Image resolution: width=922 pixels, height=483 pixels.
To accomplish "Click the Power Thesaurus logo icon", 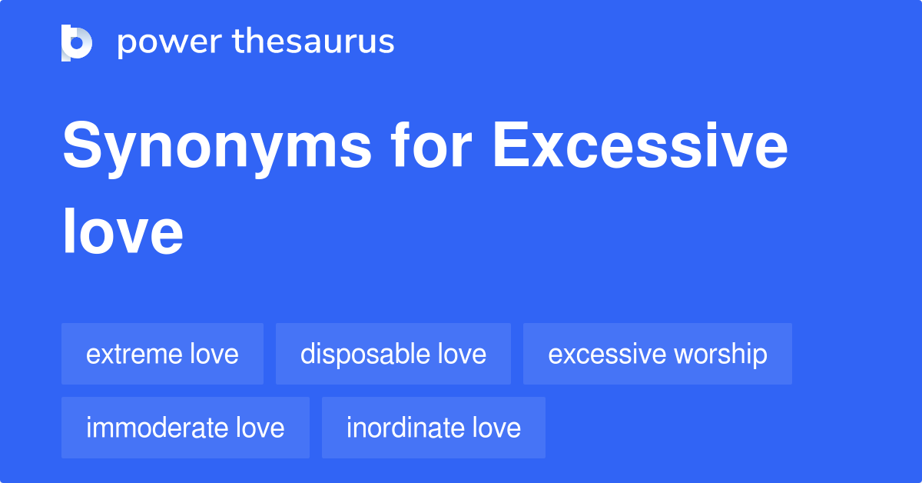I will (77, 42).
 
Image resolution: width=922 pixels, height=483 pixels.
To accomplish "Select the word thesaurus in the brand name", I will (314, 42).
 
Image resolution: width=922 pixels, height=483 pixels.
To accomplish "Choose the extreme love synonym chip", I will (162, 354).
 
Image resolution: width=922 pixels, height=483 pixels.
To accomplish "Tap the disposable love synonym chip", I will (393, 354).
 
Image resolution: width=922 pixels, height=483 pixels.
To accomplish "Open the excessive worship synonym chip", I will (657, 354).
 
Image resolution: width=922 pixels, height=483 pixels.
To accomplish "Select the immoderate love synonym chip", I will (185, 428).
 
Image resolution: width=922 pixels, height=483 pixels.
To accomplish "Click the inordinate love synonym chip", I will (433, 428).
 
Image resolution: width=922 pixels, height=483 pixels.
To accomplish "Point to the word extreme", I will (134, 355).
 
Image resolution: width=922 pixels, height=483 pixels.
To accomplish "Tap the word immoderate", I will (157, 428).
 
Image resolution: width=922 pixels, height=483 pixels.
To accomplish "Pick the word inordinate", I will (405, 428).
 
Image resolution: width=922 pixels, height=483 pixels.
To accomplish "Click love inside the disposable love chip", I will (462, 355).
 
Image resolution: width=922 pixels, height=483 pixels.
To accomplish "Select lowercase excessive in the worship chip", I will (607, 355).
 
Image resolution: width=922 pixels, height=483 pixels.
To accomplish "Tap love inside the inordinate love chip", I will (496, 428).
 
